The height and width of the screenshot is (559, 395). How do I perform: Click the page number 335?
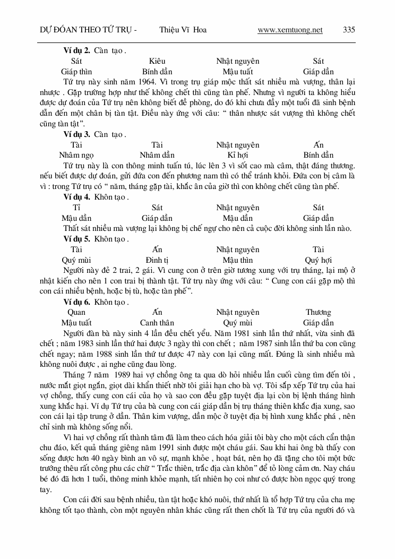point(349,30)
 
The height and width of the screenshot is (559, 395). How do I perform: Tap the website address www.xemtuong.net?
point(290,30)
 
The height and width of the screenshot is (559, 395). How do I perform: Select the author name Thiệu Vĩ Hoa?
point(183,30)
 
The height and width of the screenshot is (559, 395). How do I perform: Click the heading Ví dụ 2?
point(76,51)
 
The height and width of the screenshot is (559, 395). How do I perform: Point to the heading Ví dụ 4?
point(76,197)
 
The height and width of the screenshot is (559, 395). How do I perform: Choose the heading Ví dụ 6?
point(76,302)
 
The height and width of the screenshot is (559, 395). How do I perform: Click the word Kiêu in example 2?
point(157,62)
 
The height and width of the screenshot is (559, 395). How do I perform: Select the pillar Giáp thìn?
point(76,72)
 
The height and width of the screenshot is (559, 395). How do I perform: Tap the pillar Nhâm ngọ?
point(76,155)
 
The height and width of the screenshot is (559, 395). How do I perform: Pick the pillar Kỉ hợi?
point(238,155)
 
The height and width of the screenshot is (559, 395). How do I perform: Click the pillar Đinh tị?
point(157,260)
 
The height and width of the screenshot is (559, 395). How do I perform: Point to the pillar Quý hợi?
point(319,260)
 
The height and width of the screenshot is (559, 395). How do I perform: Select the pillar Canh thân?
point(157,323)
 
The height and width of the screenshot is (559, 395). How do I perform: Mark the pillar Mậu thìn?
point(238,260)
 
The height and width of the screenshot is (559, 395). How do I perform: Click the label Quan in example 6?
point(76,312)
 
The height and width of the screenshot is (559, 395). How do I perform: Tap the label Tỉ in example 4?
point(76,208)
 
